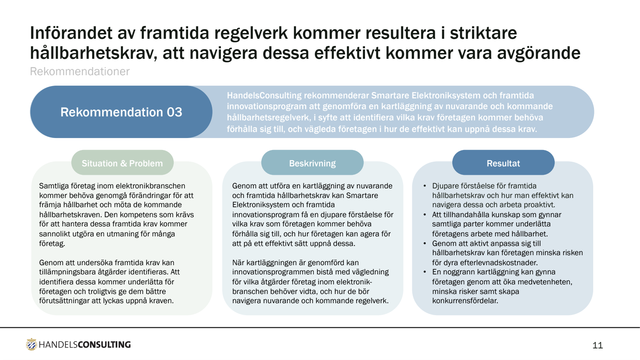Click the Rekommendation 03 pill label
[121, 112]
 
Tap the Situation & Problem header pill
[122, 163]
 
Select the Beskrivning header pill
[312, 163]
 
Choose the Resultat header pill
[503, 163]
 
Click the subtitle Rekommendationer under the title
[80, 72]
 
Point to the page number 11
[597, 345]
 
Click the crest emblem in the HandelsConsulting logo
[31, 344]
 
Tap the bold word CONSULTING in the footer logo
[104, 344]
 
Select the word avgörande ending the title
[538, 53]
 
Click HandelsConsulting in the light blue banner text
[264, 96]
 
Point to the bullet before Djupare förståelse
[425, 186]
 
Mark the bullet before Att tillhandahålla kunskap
[425, 215]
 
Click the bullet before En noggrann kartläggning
[425, 272]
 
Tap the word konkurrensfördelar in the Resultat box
[465, 301]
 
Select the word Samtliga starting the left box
[54, 186]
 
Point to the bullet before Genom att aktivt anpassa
[425, 244]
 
